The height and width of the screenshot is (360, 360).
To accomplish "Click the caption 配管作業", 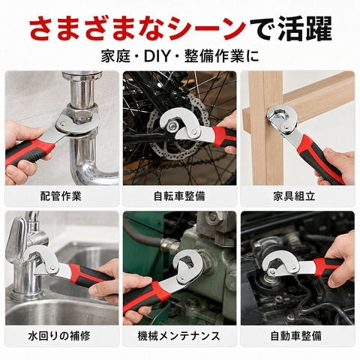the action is [x=61, y=196].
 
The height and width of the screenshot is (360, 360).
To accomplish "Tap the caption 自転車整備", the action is [x=179, y=196].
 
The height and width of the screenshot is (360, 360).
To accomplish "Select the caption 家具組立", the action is [x=294, y=196].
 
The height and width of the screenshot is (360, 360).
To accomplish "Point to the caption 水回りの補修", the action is [x=59, y=336].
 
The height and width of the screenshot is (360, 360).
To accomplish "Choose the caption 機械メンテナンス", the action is [x=178, y=336].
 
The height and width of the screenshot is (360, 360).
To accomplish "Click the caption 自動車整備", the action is [x=296, y=336].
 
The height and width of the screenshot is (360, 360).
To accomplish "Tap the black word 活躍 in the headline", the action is [x=304, y=28].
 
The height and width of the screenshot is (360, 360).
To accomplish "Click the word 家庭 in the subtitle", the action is [x=115, y=57].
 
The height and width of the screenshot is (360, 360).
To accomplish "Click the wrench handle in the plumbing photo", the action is [x=28, y=151].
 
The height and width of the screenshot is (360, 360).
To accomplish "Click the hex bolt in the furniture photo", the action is [x=278, y=115].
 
